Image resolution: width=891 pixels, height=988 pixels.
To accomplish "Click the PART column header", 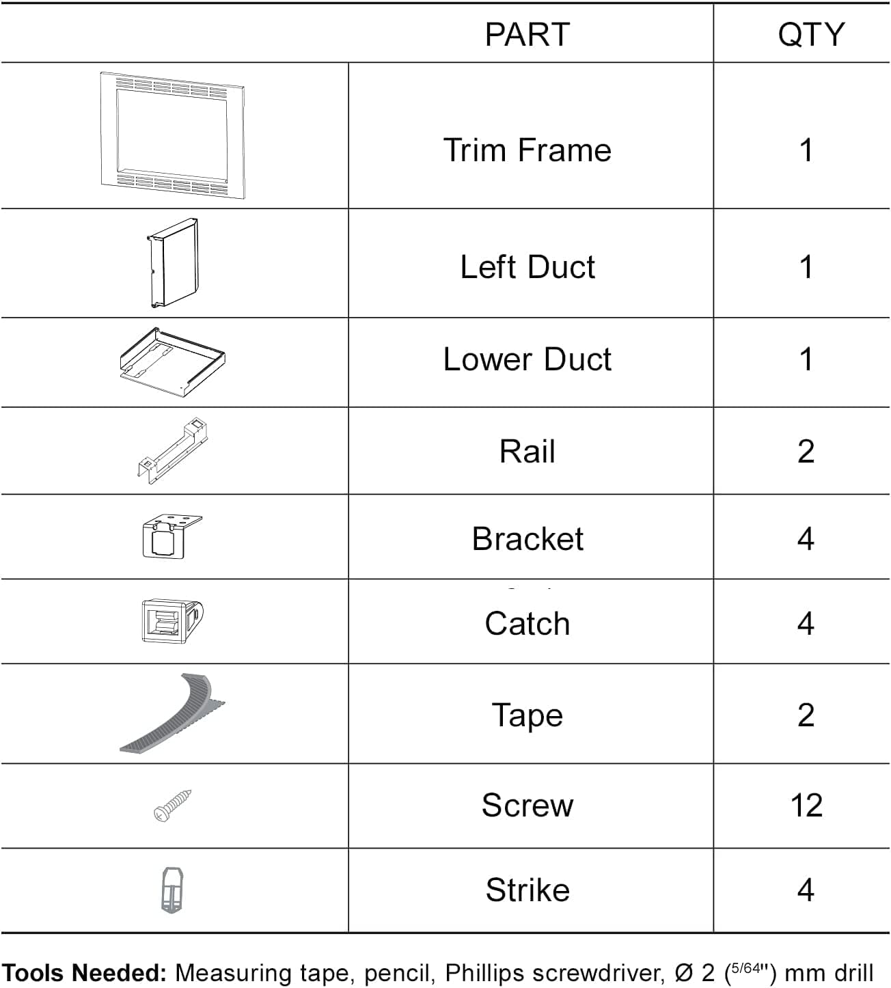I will pos(527,34).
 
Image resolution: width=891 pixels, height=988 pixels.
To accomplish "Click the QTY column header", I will pos(810,34).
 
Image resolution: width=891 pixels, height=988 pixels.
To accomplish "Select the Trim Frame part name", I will pos(527,150).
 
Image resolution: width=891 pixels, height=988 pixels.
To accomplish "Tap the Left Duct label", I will pos(527,266).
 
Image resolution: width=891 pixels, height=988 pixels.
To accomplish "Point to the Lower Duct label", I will pos(527,359).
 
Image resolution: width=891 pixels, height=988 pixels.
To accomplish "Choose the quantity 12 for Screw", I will pos(806,806).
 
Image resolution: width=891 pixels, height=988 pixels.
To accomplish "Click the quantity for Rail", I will pos(806,452).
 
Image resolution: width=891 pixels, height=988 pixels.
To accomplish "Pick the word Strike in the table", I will pos(527,890).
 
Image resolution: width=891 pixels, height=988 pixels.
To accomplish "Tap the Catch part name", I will pos(527,624).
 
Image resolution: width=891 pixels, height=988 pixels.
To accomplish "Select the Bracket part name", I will pos(527,539).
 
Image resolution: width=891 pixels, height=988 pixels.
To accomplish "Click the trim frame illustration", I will pos(172,136).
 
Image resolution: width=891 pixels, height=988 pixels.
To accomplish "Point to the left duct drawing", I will pos(173,263).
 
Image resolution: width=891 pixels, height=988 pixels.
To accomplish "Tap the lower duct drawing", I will pos(172,361).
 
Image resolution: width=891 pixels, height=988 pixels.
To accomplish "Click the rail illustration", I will pos(173,451).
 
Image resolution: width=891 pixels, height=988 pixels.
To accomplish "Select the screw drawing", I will pos(173,806).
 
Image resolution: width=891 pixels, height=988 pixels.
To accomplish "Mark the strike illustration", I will pos(173,890).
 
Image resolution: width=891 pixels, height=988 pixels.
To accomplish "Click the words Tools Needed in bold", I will pos(84,973).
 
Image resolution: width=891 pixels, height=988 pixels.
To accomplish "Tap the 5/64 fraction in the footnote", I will pos(746,968).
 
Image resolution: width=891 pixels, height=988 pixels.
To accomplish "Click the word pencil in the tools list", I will pos(400,973).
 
